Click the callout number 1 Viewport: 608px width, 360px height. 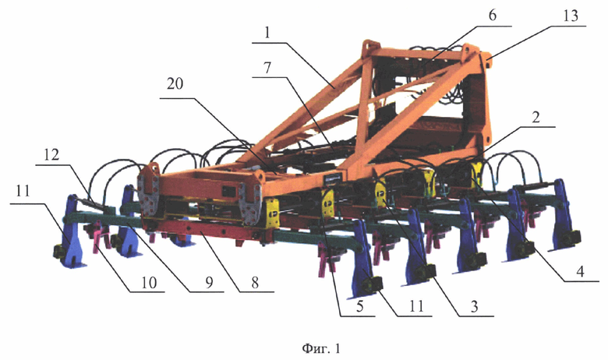[267, 33]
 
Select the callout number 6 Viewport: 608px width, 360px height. [492, 16]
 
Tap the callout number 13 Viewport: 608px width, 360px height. [570, 16]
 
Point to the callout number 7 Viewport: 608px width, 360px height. [267, 69]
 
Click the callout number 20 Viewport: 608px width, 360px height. [175, 83]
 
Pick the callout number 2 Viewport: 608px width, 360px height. [536, 117]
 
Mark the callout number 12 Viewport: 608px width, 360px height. [51, 154]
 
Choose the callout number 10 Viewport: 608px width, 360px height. [148, 282]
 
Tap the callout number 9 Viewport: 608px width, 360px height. [209, 283]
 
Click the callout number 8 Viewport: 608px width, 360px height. [254, 283]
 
